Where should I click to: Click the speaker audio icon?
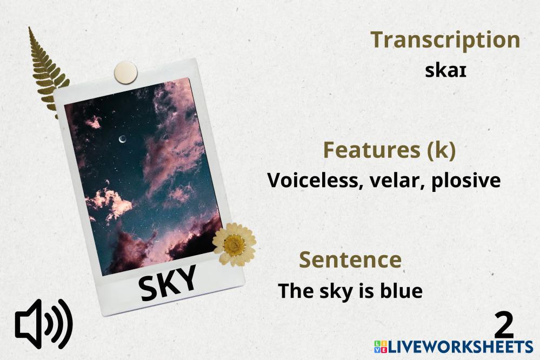pos(44,324)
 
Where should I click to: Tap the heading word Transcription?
pos(445,41)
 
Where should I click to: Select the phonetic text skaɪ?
pos(445,71)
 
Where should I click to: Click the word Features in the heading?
pos(372,150)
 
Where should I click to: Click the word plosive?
pos(466,182)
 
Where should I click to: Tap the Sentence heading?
pos(350,260)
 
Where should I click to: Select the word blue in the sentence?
pos(401,291)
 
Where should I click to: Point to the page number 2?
pos(504,325)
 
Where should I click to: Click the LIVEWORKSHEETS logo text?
pos(461,346)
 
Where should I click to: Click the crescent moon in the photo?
pos(122,139)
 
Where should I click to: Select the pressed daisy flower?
pos(234,244)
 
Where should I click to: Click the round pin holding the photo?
pos(126,72)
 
